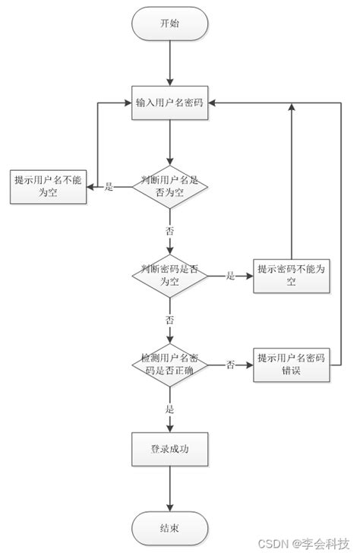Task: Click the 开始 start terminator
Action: click(x=170, y=24)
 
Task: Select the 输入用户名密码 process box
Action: click(x=170, y=104)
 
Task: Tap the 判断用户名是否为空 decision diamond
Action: click(x=170, y=187)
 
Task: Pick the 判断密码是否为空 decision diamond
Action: click(x=170, y=276)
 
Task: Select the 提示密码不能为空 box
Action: click(x=291, y=276)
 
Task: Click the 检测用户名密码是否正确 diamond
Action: click(x=170, y=365)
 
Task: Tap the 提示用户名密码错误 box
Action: click(x=291, y=365)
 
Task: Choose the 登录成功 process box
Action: click(x=170, y=450)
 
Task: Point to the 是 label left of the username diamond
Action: click(x=109, y=187)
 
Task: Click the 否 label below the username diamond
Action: click(x=169, y=229)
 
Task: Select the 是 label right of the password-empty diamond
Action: click(x=230, y=276)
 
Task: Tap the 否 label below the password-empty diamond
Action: click(x=169, y=320)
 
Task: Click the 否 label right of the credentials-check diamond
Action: click(x=230, y=365)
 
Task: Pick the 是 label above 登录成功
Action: click(x=169, y=409)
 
